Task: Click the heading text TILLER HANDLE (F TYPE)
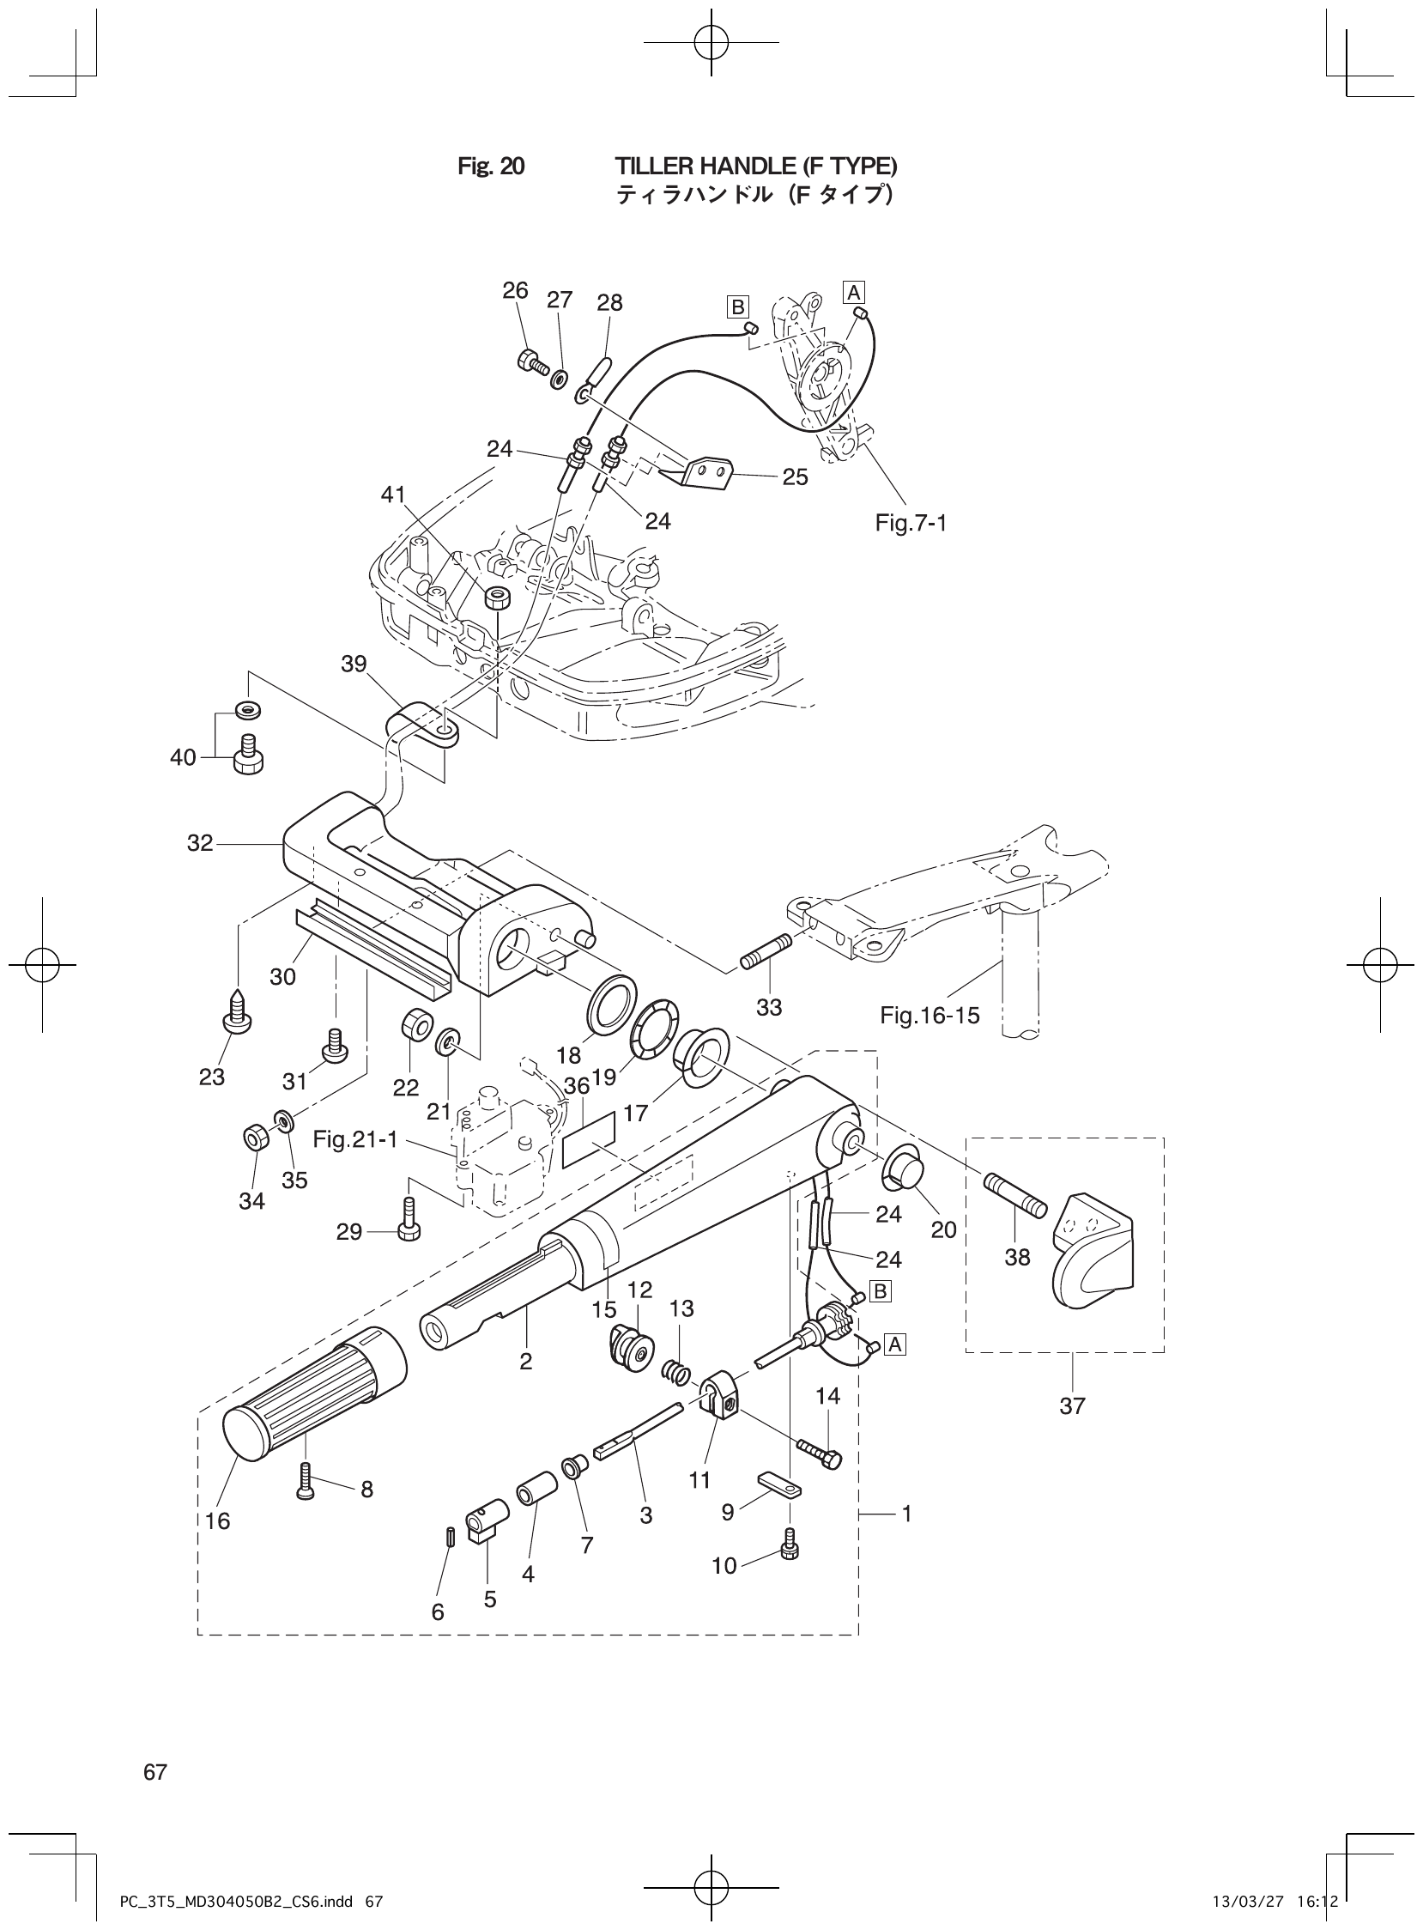755,166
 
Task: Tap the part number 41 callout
393,495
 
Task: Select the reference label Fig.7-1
911,523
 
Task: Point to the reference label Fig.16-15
929,1015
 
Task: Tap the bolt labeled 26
532,362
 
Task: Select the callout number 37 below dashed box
1072,1406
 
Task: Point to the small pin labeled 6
450,1538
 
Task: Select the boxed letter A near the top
854,292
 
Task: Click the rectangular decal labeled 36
589,1139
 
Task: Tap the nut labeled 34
254,1139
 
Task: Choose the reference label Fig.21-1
354,1140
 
